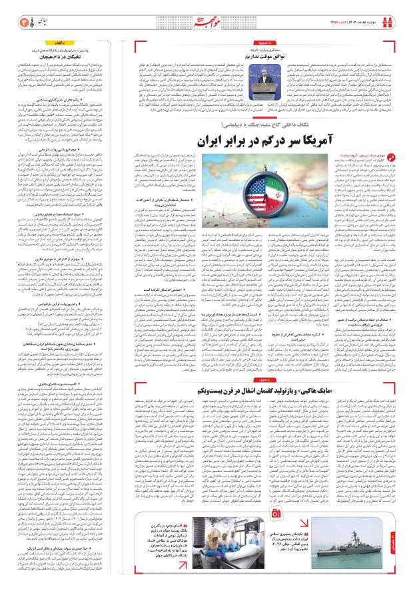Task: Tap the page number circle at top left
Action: coord(11,13)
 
